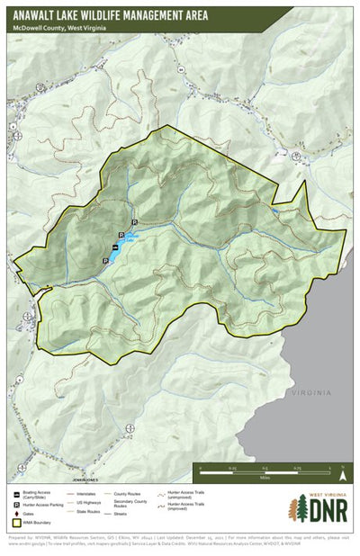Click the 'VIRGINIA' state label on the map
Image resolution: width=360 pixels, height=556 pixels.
point(310,392)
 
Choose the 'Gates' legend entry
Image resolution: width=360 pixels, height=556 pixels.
point(27,515)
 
